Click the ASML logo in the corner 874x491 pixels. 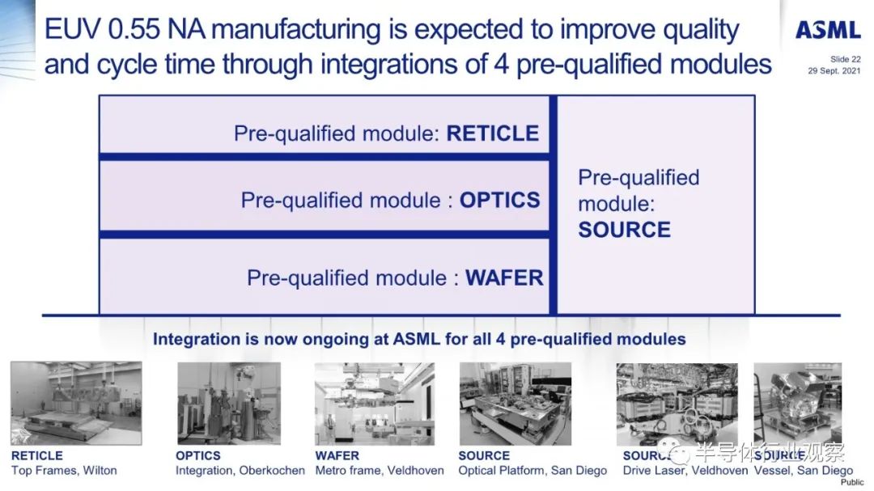click(828, 30)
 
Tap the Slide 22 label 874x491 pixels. click(845, 59)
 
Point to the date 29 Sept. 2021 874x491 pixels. click(834, 71)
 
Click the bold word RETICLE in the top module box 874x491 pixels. click(493, 133)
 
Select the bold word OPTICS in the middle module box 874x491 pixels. click(499, 200)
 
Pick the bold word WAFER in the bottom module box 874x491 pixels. click(504, 277)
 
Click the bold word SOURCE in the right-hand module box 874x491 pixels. click(624, 230)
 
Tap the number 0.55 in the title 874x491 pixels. click(134, 29)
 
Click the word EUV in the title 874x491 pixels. click(73, 29)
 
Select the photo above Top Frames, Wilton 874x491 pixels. click(76, 403)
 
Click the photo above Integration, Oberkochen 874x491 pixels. click(228, 403)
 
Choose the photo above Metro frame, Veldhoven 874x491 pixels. click(374, 404)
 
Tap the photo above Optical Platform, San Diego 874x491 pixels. click(515, 404)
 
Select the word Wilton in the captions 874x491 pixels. click(100, 471)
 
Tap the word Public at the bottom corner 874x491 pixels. click(852, 483)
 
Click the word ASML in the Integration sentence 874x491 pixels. click(417, 339)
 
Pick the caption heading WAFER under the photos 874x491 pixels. click(337, 455)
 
